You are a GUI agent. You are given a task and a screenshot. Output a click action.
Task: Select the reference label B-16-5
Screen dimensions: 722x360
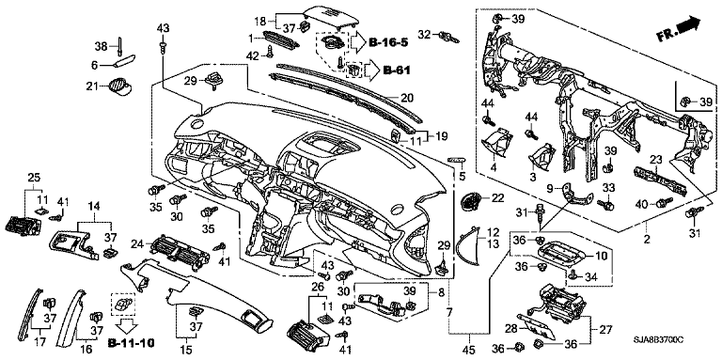click(388, 43)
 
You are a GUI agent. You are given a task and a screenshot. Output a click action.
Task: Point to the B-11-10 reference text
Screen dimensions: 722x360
click(131, 343)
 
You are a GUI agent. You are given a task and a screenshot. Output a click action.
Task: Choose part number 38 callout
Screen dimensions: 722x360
click(101, 46)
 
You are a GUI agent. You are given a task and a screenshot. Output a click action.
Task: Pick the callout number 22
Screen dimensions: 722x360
click(498, 198)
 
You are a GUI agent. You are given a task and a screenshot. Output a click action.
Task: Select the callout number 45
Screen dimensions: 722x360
click(469, 350)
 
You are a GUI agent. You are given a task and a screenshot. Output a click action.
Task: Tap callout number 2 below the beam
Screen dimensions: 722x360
click(647, 239)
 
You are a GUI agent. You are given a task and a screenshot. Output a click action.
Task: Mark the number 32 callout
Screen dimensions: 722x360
click(425, 34)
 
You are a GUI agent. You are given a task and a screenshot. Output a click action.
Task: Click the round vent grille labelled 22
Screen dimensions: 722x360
click(471, 201)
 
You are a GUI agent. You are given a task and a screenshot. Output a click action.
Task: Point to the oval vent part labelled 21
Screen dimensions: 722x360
click(120, 86)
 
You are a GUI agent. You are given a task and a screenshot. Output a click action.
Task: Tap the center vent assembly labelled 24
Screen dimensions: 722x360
click(178, 252)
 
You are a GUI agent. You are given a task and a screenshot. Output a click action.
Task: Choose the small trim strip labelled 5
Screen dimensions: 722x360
click(457, 159)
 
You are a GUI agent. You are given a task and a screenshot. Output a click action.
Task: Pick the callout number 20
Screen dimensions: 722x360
click(407, 98)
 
